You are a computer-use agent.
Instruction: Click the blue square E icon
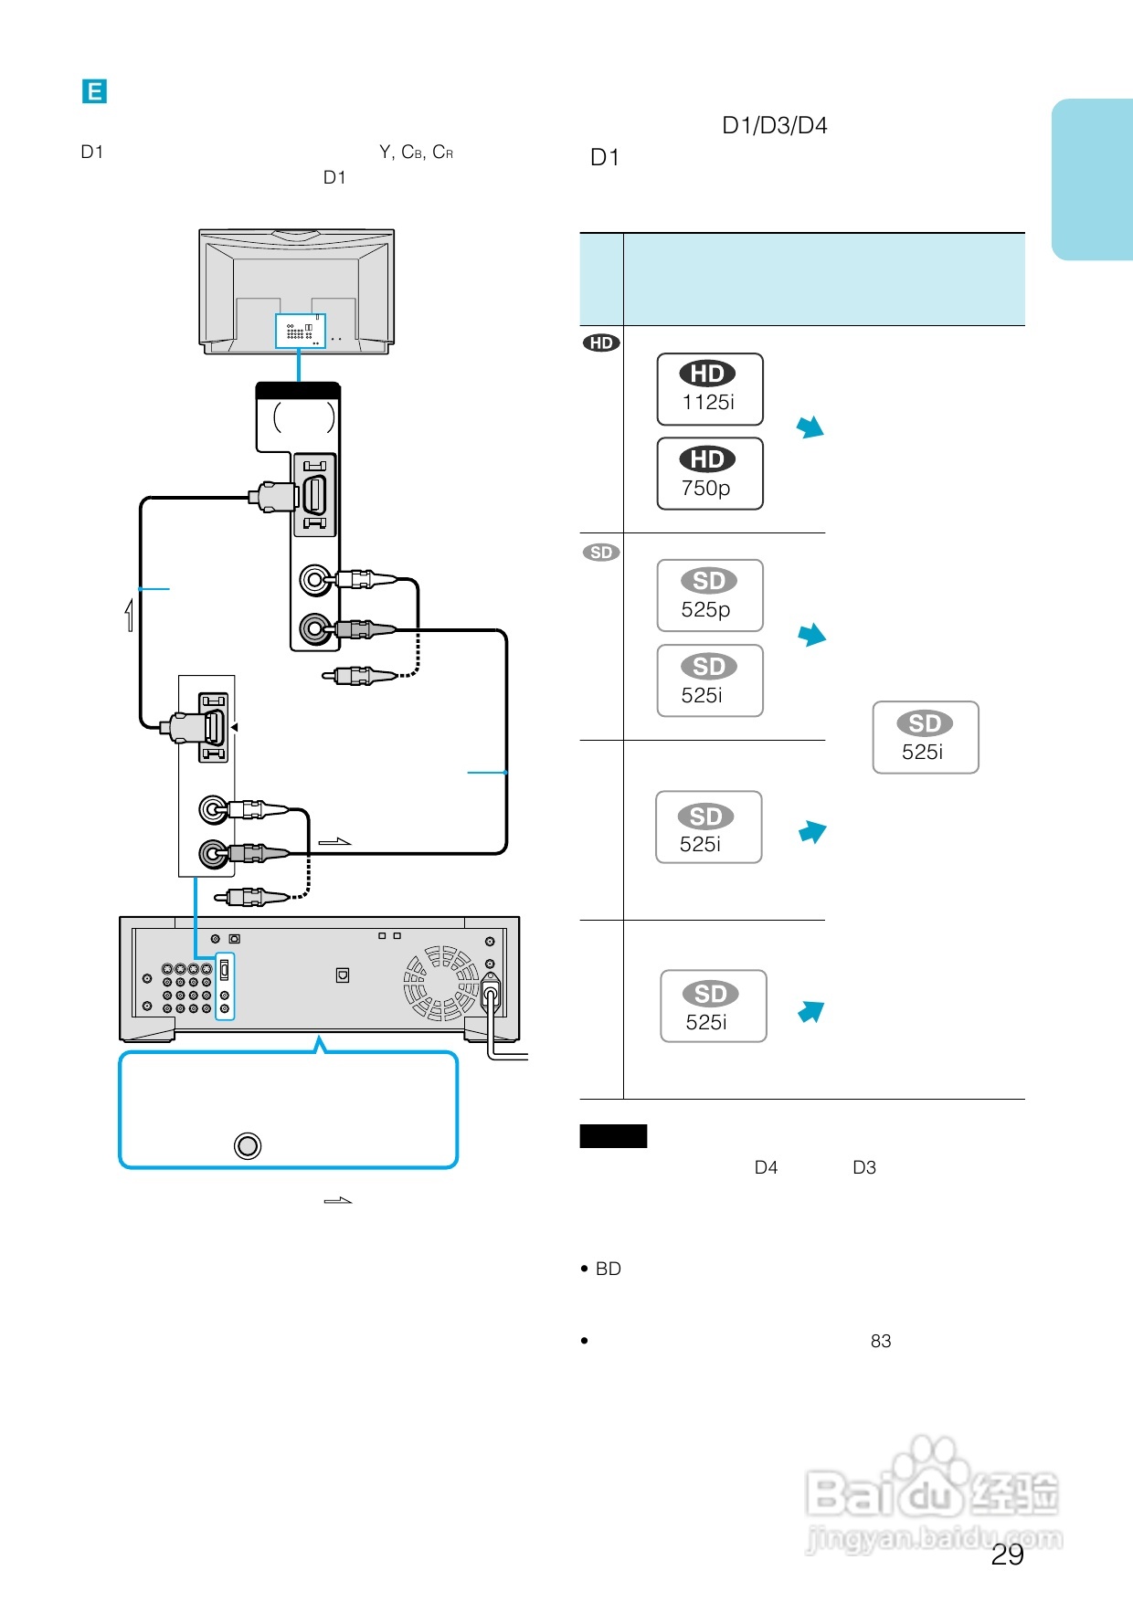94,91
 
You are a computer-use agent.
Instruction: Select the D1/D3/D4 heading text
775,125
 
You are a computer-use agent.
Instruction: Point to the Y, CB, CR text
417,152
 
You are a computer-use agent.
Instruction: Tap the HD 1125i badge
710,389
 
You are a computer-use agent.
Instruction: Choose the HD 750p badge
710,474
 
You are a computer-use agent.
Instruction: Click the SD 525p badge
710,595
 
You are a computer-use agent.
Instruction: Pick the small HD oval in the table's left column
601,343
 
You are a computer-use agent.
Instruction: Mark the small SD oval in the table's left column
601,553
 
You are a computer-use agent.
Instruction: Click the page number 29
1008,1555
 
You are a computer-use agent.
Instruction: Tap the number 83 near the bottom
881,1341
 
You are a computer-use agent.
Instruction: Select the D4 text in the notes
767,1167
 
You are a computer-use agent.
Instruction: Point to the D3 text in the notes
864,1167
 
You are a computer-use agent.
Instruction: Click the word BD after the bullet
609,1269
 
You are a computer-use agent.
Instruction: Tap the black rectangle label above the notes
613,1136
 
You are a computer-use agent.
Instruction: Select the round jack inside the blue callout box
248,1145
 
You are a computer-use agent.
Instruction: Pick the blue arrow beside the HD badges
810,427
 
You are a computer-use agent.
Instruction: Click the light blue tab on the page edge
1093,180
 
